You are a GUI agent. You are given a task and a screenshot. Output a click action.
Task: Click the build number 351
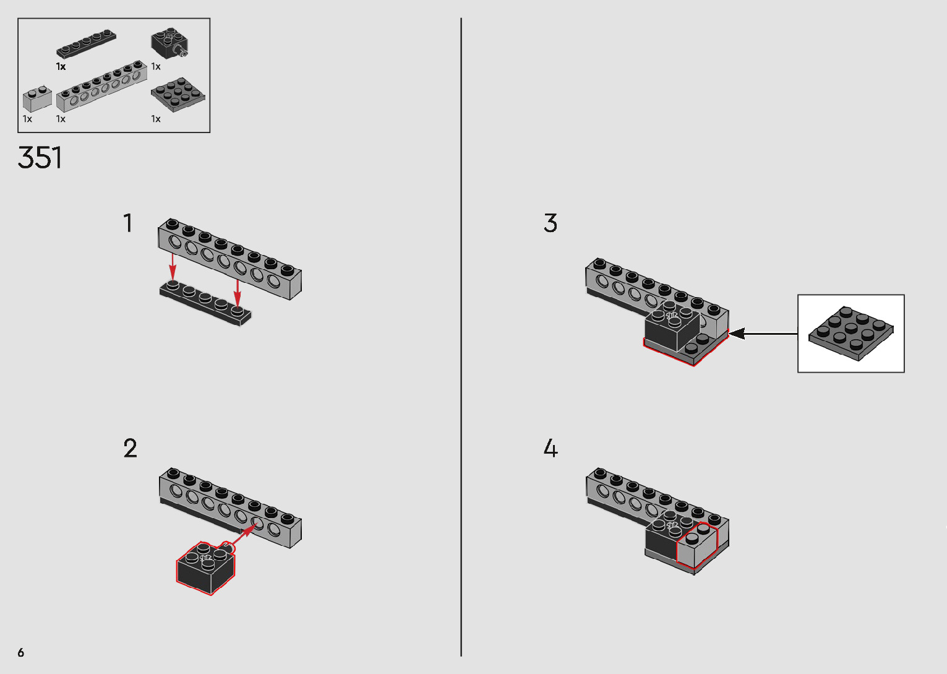point(40,158)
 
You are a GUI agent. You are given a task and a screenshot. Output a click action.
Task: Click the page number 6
point(21,652)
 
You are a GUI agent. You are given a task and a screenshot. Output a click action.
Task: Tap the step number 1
point(128,223)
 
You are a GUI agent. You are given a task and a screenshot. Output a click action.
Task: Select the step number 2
point(130,448)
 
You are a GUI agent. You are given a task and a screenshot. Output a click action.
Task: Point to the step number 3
point(551,223)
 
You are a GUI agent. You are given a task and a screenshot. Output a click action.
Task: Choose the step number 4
point(551,448)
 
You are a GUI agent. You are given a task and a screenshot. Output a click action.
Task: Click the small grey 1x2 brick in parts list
point(37,99)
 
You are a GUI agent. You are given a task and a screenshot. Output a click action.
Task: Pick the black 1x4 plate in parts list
point(87,43)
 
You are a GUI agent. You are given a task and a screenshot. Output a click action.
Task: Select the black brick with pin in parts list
point(168,43)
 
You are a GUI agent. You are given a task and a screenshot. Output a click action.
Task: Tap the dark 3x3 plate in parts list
point(178,94)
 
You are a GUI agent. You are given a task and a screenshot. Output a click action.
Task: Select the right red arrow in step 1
point(238,291)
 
